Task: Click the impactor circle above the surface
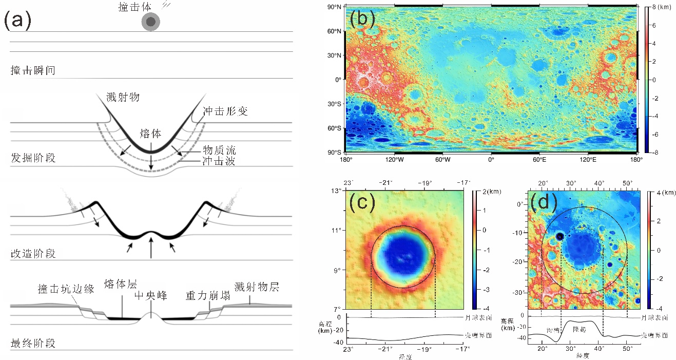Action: point(151,22)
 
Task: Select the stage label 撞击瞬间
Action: point(33,70)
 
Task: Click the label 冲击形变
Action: point(225,111)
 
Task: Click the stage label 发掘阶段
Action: point(33,158)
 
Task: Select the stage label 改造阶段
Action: point(33,253)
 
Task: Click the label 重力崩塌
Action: point(204,296)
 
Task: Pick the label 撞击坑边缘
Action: point(66,289)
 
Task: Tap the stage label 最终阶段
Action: point(33,343)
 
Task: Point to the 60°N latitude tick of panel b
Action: point(335,31)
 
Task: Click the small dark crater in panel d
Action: point(559,236)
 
